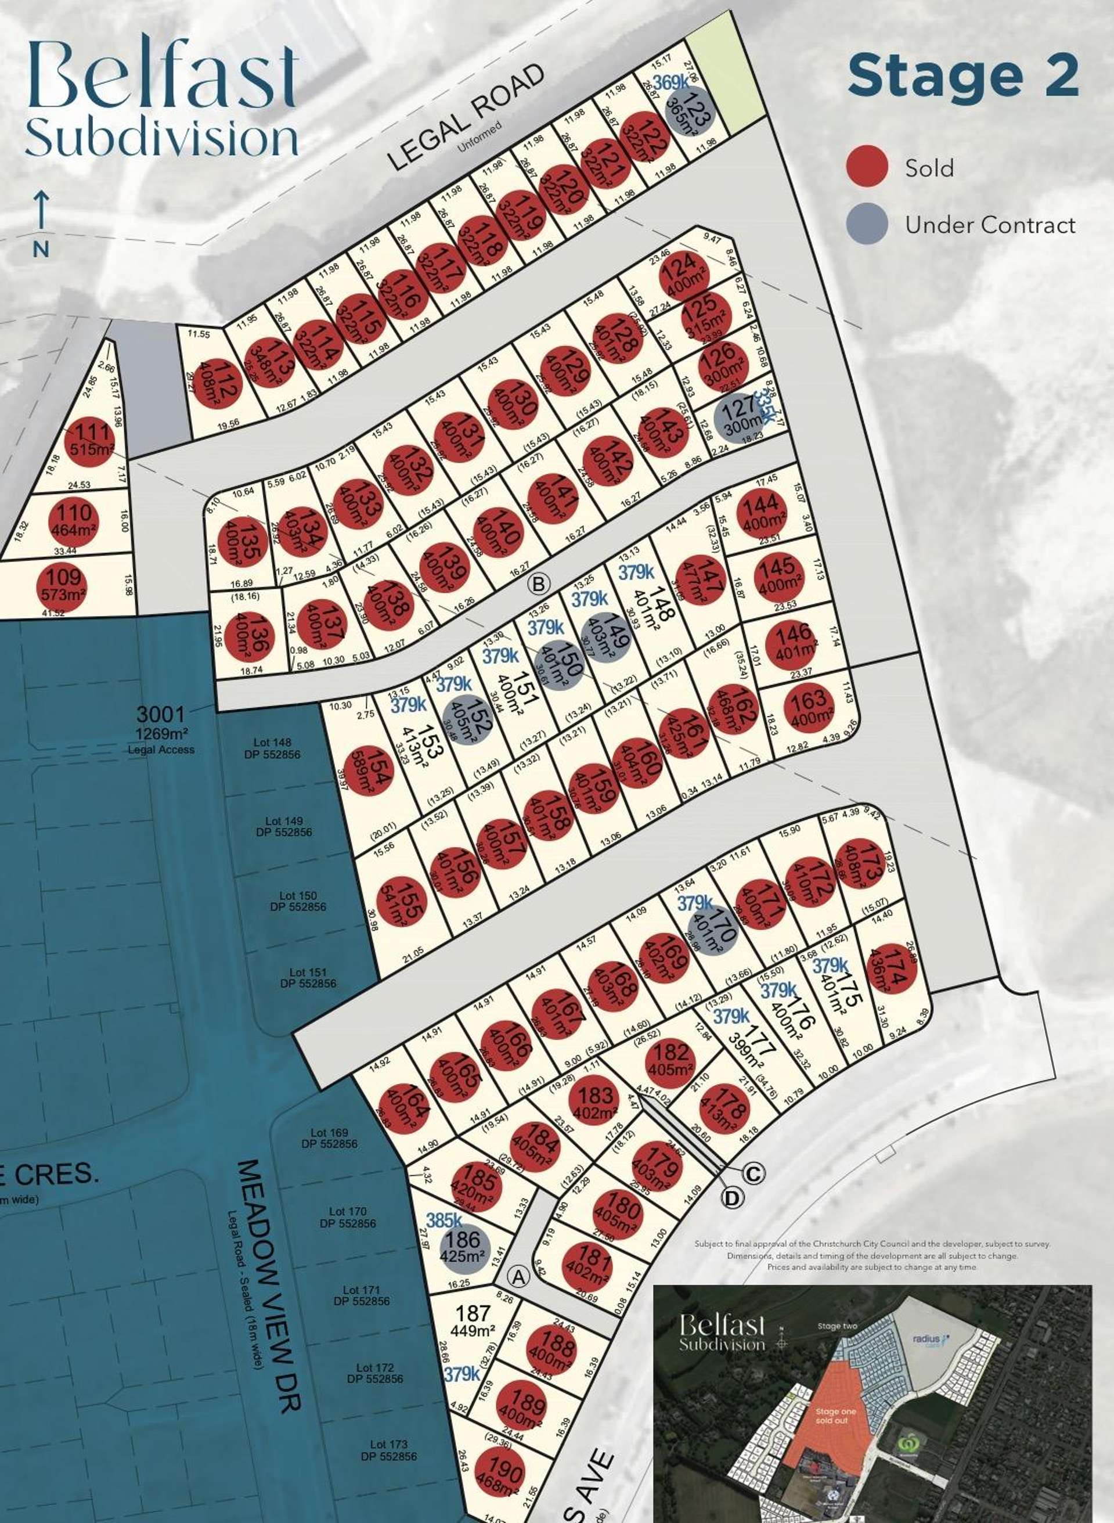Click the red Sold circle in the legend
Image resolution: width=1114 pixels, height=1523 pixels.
click(867, 166)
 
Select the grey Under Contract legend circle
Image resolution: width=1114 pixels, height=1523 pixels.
click(867, 224)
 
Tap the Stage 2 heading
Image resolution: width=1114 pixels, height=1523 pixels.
click(963, 76)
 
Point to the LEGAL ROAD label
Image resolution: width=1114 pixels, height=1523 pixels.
click(466, 117)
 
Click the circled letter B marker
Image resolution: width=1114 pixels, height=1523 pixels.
click(538, 584)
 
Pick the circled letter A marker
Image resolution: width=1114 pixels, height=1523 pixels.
click(518, 1276)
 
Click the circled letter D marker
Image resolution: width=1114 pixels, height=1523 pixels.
click(733, 1197)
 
